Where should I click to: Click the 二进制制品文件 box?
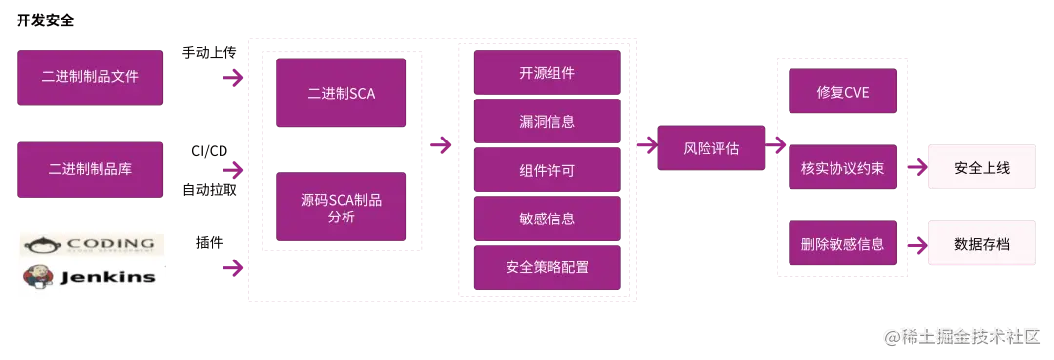(x=90, y=77)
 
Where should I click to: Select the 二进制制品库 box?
(x=90, y=169)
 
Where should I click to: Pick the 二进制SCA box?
(x=341, y=94)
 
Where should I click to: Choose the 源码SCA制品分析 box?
(x=341, y=208)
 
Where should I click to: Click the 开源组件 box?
(x=547, y=73)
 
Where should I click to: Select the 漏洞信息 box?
(x=547, y=122)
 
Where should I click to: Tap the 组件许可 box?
(x=547, y=170)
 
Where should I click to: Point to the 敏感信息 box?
(x=547, y=219)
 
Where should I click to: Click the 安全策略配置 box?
(x=547, y=267)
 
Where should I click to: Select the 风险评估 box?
(x=710, y=149)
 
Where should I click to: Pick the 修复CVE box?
(x=842, y=93)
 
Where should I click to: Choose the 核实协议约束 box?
(x=842, y=168)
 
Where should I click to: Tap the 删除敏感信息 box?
(x=842, y=244)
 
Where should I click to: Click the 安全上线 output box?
(x=982, y=168)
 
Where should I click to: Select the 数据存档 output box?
(x=982, y=244)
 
